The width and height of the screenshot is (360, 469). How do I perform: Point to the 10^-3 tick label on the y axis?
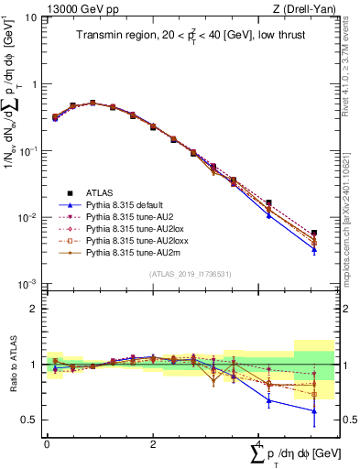pyautogui.click(x=27, y=285)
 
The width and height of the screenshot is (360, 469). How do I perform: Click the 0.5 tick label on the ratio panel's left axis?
pyautogui.click(x=31, y=420)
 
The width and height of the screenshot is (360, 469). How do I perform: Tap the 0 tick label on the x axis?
pyautogui.click(x=47, y=443)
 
